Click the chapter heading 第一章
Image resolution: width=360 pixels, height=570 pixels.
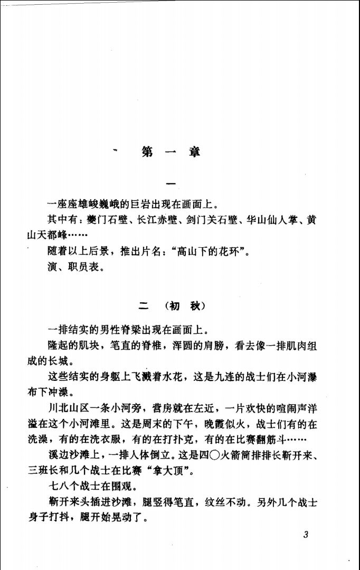[x=171, y=152]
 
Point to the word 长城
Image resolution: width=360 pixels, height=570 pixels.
[x=58, y=363]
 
